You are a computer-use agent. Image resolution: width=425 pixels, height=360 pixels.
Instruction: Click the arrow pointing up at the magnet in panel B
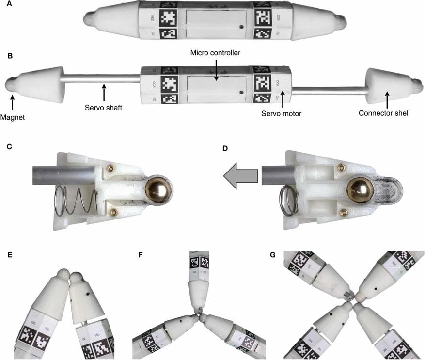click(x=13, y=100)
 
